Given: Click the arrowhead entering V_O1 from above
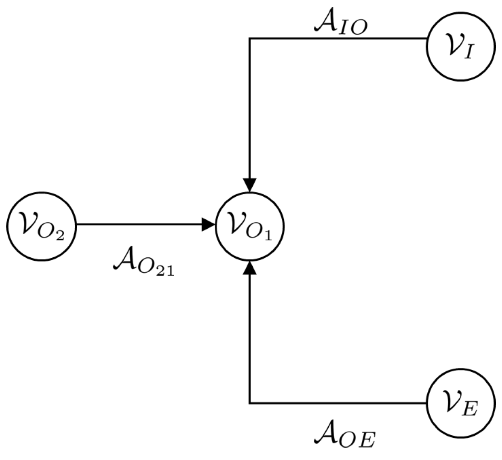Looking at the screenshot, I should (x=250, y=184).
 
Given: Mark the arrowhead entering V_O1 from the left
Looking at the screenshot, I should (x=208, y=224).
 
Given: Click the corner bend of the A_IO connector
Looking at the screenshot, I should (x=250, y=38).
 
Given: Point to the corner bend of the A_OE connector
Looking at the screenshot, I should (x=250, y=402).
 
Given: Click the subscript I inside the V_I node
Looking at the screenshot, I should (x=469, y=53).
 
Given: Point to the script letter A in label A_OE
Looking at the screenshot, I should (x=327, y=433).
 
